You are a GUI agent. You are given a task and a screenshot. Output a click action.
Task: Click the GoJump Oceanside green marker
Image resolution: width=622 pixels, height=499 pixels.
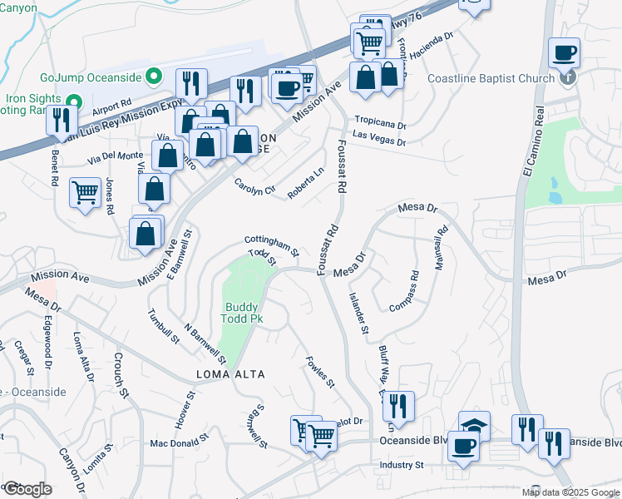tap(152, 77)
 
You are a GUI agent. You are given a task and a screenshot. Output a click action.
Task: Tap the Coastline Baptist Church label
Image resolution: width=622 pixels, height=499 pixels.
tap(491, 79)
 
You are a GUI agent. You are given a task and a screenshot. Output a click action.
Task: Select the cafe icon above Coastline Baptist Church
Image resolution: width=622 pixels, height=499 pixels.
tap(565, 53)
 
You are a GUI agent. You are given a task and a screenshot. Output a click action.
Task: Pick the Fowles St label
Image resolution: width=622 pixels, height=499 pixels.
tap(320, 373)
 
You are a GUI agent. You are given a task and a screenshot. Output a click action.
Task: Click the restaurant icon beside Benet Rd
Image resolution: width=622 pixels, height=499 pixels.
tap(61, 121)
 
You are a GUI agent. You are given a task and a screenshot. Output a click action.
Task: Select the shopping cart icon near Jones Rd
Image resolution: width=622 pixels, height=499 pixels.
tap(85, 193)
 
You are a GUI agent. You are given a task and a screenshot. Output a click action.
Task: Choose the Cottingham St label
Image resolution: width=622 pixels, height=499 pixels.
tap(272, 244)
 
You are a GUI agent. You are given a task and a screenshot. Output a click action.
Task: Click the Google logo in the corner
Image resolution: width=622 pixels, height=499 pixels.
tap(27, 489)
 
